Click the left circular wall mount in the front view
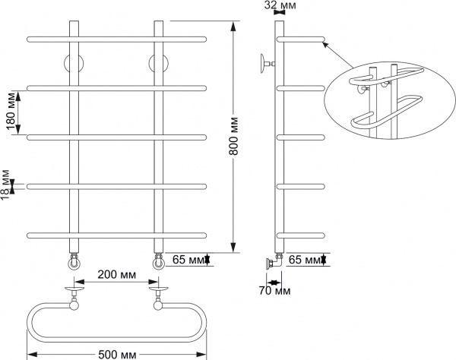click(x=74, y=63)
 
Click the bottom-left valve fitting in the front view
click(x=74, y=262)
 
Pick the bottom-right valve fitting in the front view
click(x=160, y=262)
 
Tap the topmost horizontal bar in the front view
click(x=116, y=39)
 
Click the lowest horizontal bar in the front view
click(x=116, y=233)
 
